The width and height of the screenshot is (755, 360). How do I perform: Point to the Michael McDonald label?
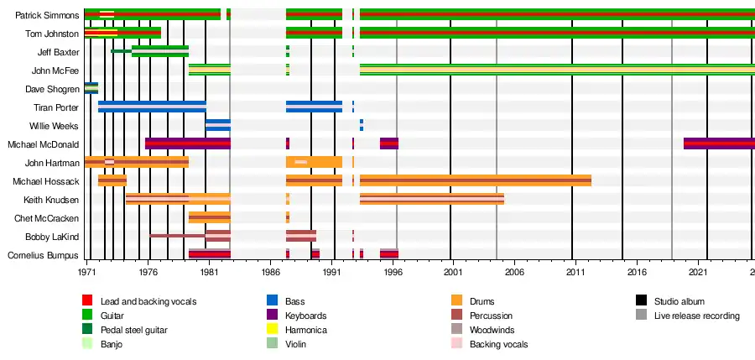tap(43, 144)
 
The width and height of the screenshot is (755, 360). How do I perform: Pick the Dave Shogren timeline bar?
tap(91, 88)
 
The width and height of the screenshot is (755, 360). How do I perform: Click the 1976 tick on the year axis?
tap(148, 273)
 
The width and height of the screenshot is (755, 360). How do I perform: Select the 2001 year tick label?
tap(453, 273)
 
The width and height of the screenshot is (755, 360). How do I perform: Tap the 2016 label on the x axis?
tap(637, 273)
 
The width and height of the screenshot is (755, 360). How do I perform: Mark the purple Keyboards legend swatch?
tap(273, 316)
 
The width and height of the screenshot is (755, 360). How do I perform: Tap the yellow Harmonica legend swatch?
tap(273, 330)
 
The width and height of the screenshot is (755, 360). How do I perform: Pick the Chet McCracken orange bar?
tap(209, 218)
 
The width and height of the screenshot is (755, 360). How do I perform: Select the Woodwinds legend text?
tap(492, 330)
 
